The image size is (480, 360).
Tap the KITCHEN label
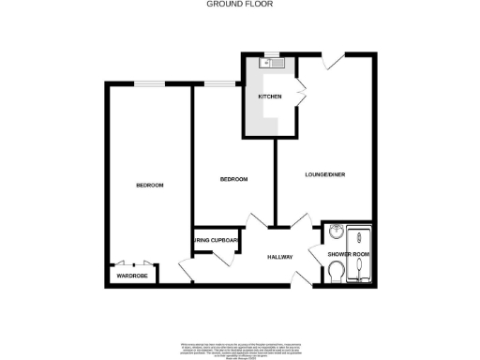pyautogui.click(x=270, y=97)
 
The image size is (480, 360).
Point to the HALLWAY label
pyautogui.click(x=279, y=257)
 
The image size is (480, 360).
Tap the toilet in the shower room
pyautogui.click(x=337, y=273)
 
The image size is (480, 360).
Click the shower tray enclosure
pyautogui.click(x=360, y=254)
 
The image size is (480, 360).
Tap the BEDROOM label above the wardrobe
pyautogui.click(x=149, y=186)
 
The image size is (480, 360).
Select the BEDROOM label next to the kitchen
pyautogui.click(x=233, y=179)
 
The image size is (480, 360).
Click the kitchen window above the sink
pyautogui.click(x=266, y=54)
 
